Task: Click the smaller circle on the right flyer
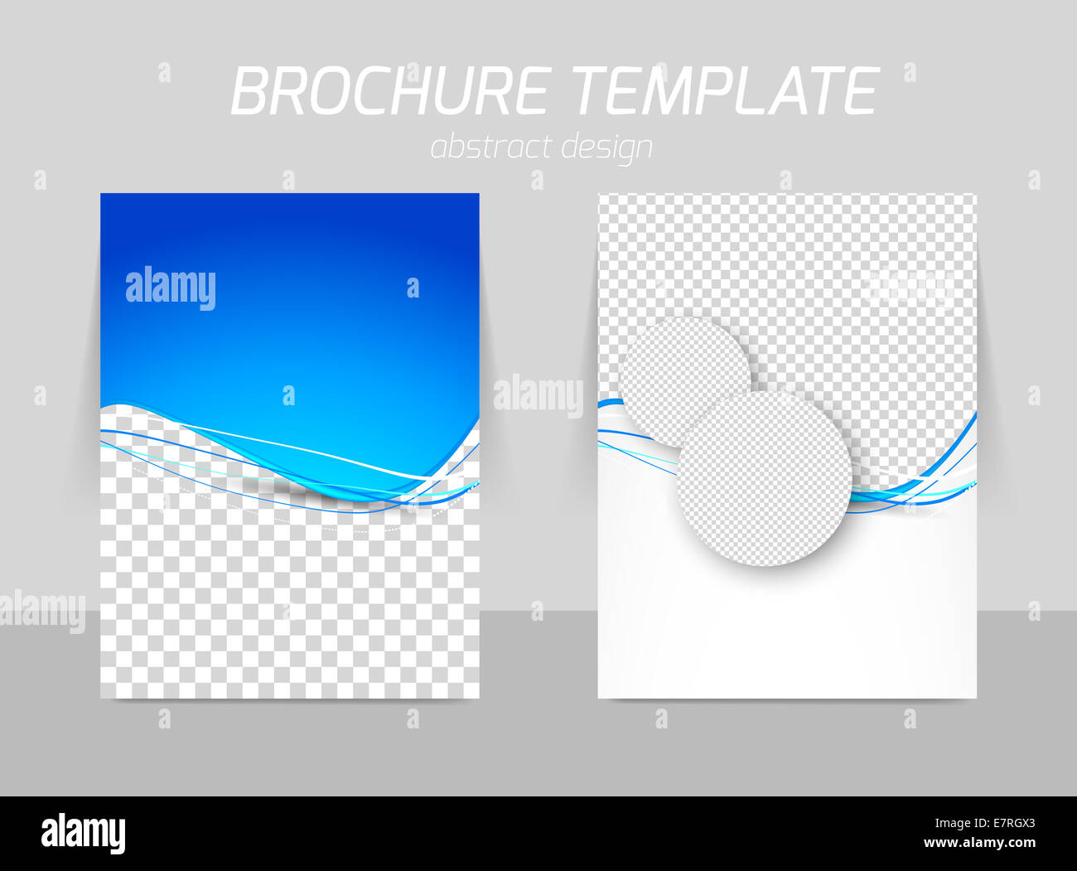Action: (671, 365)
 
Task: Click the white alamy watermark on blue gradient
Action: (171, 288)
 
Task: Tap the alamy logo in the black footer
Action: (83, 832)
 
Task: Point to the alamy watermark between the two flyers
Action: (538, 395)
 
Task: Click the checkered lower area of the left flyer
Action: (290, 605)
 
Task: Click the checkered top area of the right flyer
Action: (828, 249)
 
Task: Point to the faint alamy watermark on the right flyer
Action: (909, 287)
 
